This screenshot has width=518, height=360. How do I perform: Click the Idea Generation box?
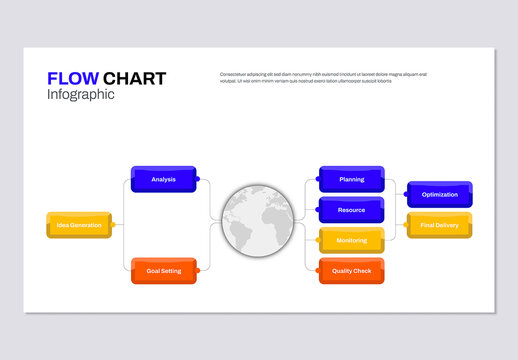[x=79, y=225]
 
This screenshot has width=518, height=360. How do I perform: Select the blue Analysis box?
[x=164, y=179]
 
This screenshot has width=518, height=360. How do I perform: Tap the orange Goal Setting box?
[x=164, y=271]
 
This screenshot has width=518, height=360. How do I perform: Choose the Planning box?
[x=351, y=179]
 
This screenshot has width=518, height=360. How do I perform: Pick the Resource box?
[x=351, y=210]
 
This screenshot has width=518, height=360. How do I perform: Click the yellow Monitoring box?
[x=351, y=240]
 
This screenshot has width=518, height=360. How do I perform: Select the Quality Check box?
[x=351, y=271]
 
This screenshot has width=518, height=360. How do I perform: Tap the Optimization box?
[x=439, y=194]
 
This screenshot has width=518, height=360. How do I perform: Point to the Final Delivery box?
[x=439, y=225]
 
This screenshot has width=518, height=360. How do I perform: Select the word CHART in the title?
[x=134, y=78]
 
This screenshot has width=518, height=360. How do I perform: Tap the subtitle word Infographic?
[x=81, y=95]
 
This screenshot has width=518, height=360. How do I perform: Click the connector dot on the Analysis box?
[x=198, y=180]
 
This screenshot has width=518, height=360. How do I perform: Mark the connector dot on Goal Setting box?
[x=198, y=271]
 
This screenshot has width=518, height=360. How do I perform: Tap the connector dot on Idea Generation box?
[x=114, y=225]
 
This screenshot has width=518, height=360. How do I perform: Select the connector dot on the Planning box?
[x=318, y=180]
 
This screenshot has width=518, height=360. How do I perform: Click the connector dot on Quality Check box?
[x=318, y=271]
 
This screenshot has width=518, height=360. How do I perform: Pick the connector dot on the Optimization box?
[x=406, y=195]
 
